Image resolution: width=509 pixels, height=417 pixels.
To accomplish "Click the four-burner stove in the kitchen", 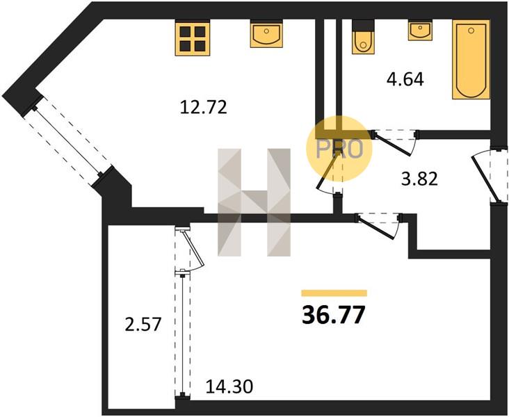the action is click(x=193, y=38).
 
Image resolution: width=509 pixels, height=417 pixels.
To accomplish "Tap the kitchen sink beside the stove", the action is click(x=266, y=34).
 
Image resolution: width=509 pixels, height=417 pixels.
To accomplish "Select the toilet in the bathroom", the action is click(x=363, y=37).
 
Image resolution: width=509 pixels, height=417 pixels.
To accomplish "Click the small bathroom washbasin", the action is click(x=420, y=30).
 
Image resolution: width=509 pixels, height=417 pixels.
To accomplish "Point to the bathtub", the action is click(x=471, y=59).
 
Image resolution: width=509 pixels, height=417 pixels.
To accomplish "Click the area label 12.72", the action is click(x=203, y=108).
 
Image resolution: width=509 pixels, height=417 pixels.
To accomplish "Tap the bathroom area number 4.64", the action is click(x=405, y=79).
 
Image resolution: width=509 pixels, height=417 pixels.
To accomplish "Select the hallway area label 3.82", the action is click(x=419, y=179).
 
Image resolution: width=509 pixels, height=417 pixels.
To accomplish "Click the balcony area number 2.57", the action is click(x=143, y=325).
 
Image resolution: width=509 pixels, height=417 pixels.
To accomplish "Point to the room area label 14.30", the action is click(x=229, y=387).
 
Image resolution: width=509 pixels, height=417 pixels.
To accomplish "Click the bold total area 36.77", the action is click(x=334, y=315).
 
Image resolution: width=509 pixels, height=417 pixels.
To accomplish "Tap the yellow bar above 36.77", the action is click(x=334, y=293).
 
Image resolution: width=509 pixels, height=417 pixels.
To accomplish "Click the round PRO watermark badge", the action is click(x=339, y=149).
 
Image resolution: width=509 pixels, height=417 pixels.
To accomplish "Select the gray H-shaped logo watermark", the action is click(x=254, y=202).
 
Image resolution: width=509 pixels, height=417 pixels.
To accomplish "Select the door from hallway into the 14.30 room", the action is click(x=379, y=225).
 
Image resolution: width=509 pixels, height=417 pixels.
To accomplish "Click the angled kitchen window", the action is click(x=67, y=142).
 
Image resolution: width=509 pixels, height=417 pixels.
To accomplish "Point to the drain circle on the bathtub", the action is click(x=471, y=31).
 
